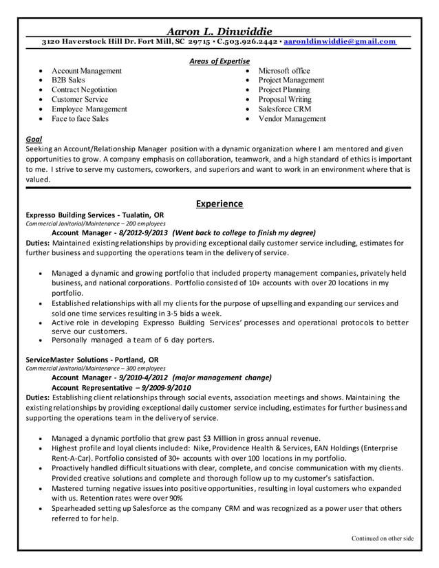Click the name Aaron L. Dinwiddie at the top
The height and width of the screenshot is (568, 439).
[x=220, y=30]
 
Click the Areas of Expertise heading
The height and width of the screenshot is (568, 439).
[x=219, y=62]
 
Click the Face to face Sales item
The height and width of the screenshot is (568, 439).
[x=80, y=118]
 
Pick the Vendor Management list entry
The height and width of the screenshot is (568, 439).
[x=292, y=118]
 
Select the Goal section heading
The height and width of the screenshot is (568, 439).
[x=32, y=138]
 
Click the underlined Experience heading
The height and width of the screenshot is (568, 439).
[x=219, y=204]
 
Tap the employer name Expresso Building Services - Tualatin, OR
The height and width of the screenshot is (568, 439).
[x=94, y=215]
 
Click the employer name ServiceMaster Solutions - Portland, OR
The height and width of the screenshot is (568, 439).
[x=92, y=359]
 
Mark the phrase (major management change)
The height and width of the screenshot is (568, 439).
[x=222, y=378]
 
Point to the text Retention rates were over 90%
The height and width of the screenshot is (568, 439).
[x=129, y=498]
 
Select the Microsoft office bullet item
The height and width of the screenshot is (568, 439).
[x=283, y=71]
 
